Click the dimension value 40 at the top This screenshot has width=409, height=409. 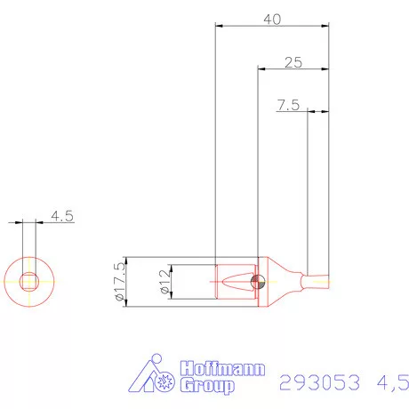pos(274,19)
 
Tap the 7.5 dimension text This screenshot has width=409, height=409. pos(287,105)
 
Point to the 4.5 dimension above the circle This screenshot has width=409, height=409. pos(62,215)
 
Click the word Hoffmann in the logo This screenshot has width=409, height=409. pos(222,369)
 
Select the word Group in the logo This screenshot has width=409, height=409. pos(208,386)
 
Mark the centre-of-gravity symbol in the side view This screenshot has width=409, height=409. pos(258,283)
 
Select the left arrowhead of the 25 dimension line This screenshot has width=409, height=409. pos(261,68)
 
